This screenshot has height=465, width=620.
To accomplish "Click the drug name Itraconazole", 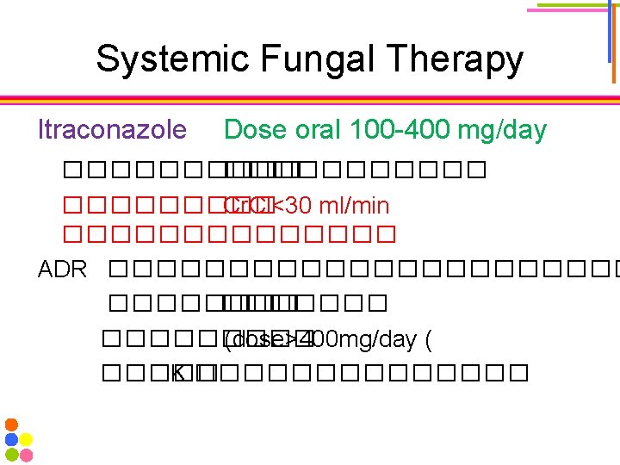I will click(x=112, y=130).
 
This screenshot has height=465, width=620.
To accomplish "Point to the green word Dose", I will click(x=256, y=130).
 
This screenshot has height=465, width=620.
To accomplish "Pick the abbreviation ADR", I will click(x=63, y=270).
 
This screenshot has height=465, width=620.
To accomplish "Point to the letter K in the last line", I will click(x=178, y=374).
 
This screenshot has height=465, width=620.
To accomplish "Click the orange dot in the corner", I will click(x=11, y=425).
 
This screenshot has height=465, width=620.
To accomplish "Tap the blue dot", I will click(x=11, y=439).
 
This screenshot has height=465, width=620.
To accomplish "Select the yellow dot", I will click(x=26, y=439).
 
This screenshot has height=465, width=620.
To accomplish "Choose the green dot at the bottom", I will click(x=11, y=454).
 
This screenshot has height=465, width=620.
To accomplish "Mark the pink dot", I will click(x=26, y=454).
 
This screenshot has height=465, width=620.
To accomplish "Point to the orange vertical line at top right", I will click(x=613, y=43).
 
